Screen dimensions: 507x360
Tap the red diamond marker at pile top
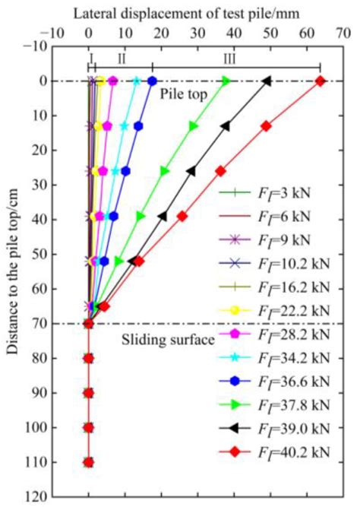(320, 81)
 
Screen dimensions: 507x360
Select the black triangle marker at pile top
(266, 81)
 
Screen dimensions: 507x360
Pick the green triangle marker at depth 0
(226, 81)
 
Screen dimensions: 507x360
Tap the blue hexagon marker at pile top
(152, 81)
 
